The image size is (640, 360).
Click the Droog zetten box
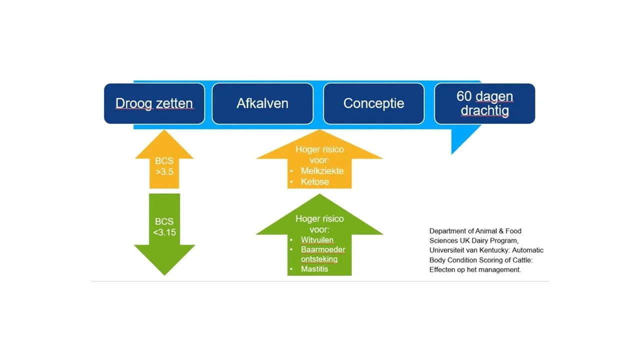click(154, 103)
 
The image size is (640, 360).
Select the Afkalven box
click(262, 103)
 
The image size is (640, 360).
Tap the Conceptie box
click(373, 103)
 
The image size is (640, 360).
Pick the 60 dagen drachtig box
click(484, 103)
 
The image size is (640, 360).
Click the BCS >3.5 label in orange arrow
click(164, 166)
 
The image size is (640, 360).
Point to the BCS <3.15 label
click(164, 227)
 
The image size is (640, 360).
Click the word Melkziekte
click(322, 171)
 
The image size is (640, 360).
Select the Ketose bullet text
click(315, 181)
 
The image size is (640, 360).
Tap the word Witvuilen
click(317, 240)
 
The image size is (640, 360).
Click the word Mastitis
click(314, 269)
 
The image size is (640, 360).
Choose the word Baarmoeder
click(323, 249)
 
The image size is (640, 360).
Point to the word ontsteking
click(319, 259)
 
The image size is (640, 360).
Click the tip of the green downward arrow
click(164, 275)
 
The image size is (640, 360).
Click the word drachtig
click(484, 110)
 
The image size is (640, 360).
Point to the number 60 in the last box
click(463, 96)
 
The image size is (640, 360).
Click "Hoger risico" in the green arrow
click(319, 219)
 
